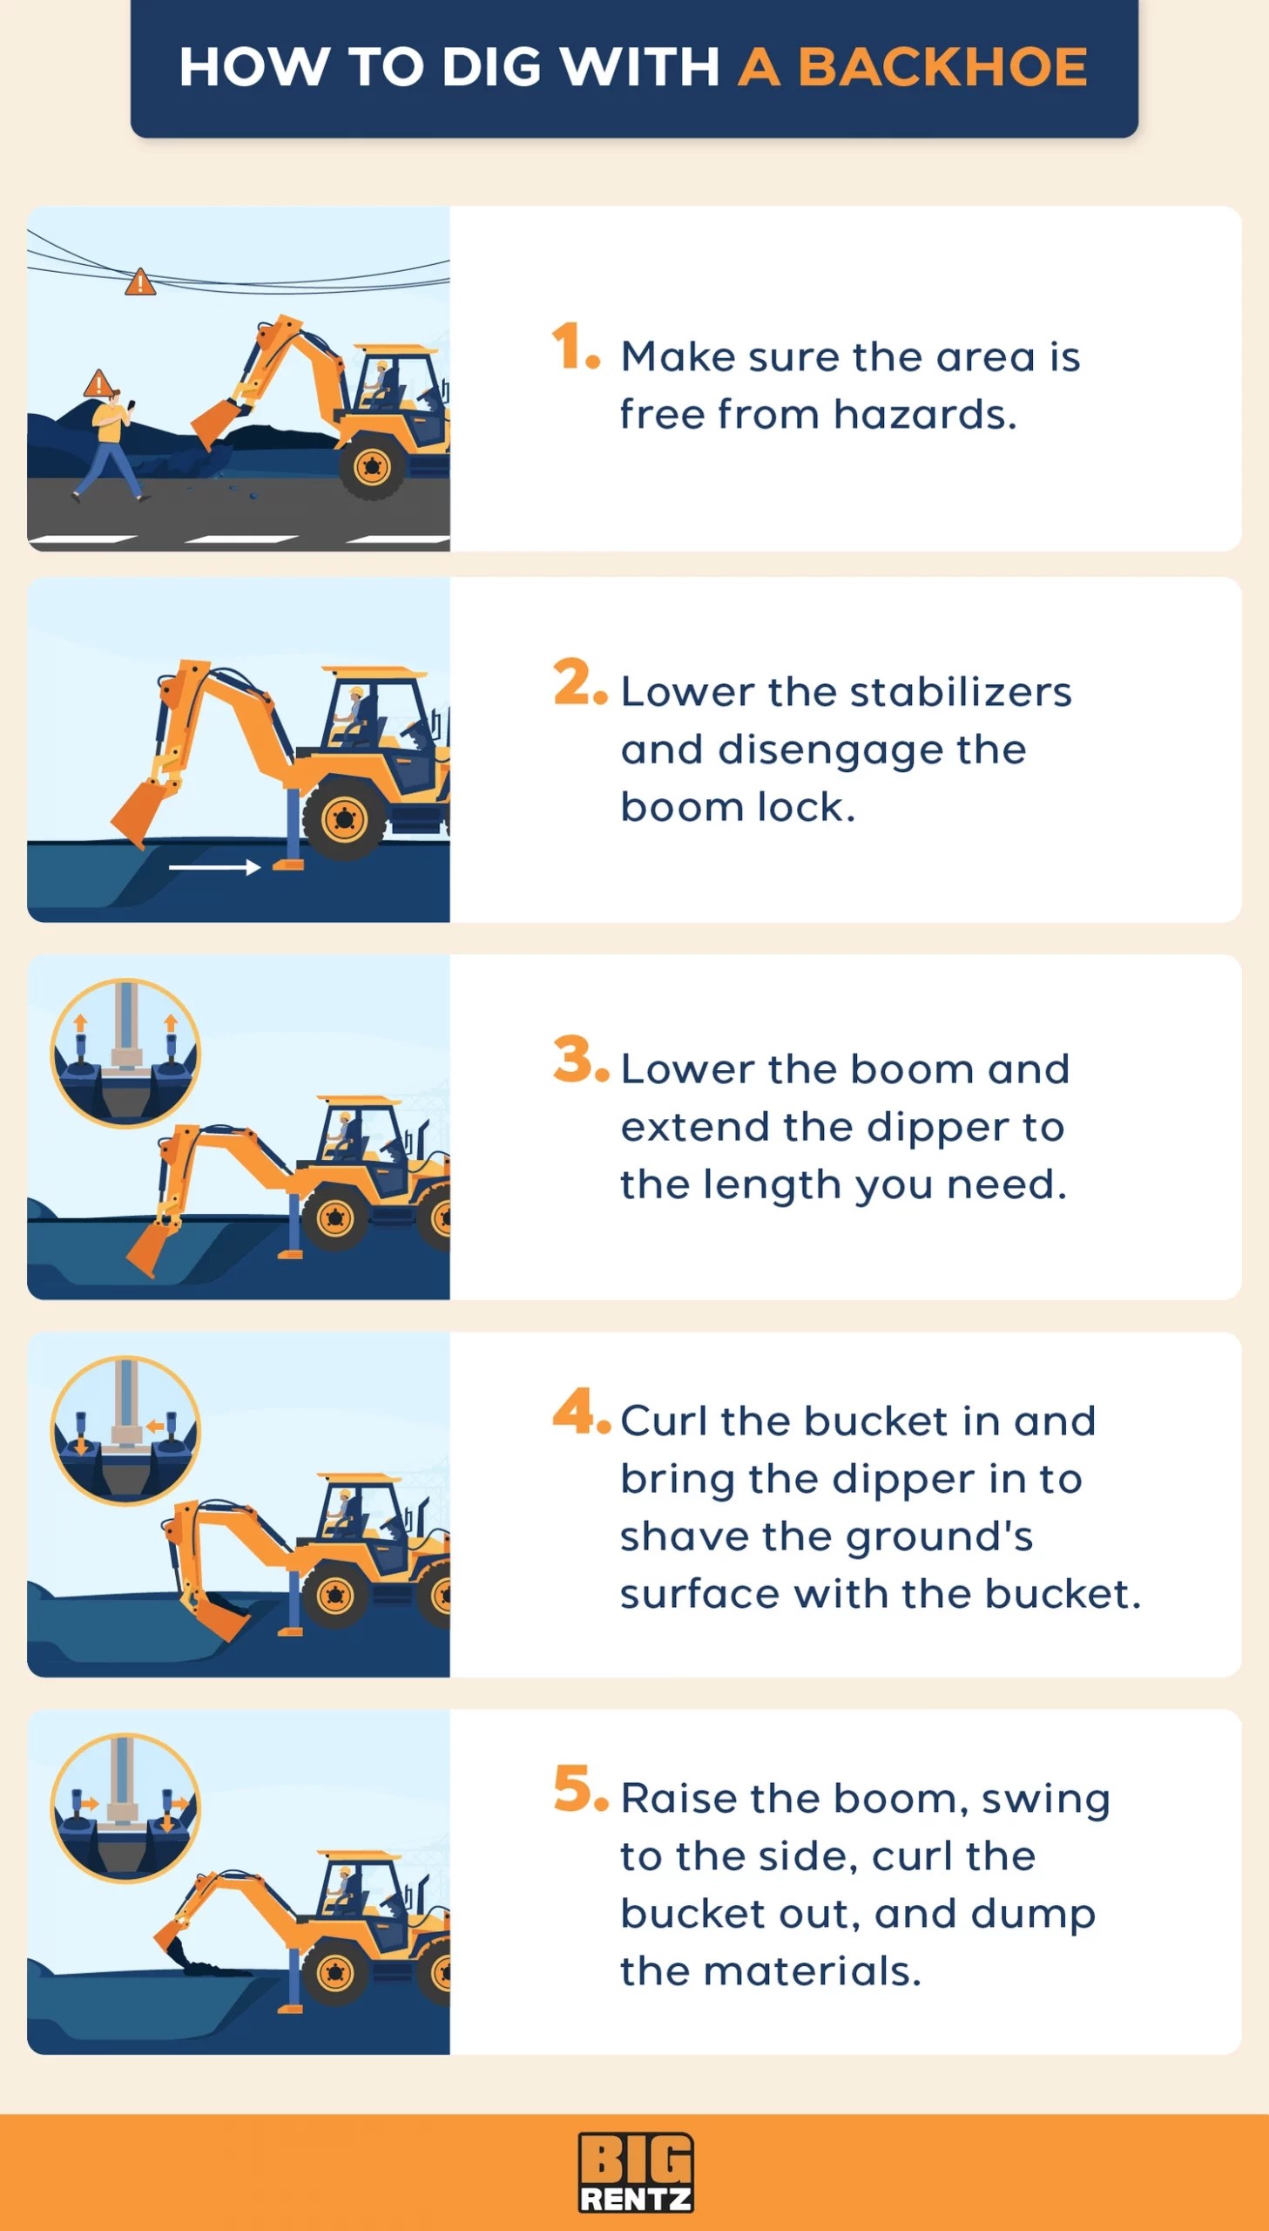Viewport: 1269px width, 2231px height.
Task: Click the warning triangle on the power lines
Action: click(139, 283)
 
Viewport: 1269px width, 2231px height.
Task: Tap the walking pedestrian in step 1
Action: click(111, 445)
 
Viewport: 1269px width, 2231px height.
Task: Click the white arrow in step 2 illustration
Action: click(214, 866)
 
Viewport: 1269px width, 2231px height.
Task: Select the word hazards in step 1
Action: click(925, 415)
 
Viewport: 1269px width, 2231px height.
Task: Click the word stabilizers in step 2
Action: click(960, 692)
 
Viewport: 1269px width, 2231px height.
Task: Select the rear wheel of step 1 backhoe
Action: click(373, 467)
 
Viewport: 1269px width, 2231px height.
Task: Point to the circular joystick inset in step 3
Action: click(125, 1052)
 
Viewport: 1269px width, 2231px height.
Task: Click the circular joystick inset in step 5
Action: click(125, 1807)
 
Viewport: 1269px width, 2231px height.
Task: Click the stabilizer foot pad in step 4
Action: click(289, 1630)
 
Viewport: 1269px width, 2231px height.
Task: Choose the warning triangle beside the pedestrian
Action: click(98, 383)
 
